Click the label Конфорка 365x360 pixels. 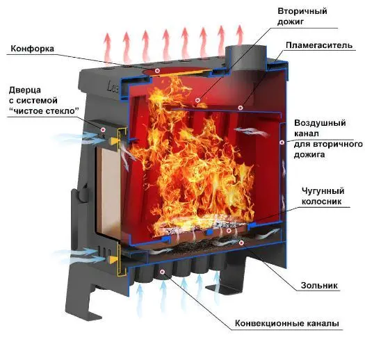tap(32, 49)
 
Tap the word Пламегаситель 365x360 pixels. tap(319, 45)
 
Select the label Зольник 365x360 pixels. tap(319, 285)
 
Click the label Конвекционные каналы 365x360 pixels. tap(286, 323)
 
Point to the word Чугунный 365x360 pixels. tap(323, 191)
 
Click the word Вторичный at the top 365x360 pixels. tap(302, 11)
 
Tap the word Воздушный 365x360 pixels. tap(320, 123)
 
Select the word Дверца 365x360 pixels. tap(25, 90)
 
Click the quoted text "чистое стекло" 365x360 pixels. tap(44, 111)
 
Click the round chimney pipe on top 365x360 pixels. tap(246, 58)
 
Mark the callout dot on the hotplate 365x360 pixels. tap(158, 70)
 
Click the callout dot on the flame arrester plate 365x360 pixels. tap(241, 108)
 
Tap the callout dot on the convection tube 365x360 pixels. tap(163, 271)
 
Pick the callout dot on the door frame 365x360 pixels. tap(103, 129)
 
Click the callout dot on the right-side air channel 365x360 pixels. tap(282, 142)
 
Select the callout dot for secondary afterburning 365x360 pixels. tap(197, 100)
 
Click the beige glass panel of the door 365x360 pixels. tap(108, 192)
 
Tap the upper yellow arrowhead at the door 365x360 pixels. tap(114, 141)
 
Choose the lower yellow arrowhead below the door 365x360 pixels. tap(113, 259)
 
